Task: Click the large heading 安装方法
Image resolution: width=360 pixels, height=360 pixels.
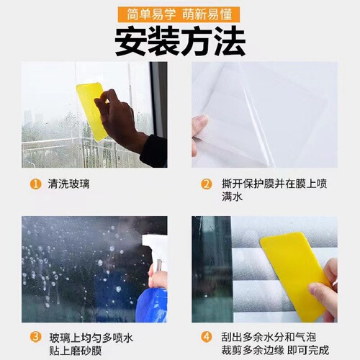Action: [x=180, y=42]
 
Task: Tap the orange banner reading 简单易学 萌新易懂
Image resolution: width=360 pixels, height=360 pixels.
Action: [x=180, y=14]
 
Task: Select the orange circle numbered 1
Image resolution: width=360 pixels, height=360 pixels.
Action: [x=35, y=184]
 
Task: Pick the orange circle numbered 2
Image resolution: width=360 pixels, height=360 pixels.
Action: [x=207, y=184]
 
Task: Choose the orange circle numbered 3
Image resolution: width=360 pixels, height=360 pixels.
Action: [x=35, y=336]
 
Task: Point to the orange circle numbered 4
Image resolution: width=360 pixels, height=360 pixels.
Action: [x=207, y=336]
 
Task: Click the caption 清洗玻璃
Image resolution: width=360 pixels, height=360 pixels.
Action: [x=70, y=184]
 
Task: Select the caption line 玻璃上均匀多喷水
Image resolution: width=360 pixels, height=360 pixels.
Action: [x=92, y=336]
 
